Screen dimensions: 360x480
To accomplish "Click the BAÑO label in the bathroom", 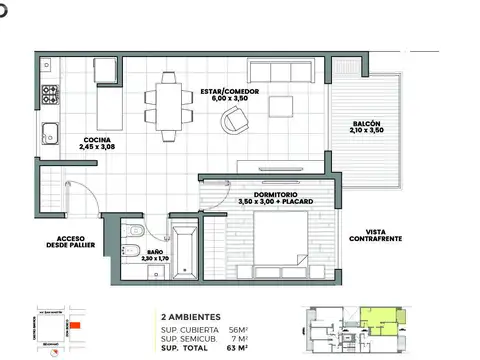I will coord(154,252).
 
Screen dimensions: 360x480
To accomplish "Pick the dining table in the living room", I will coord(165,101).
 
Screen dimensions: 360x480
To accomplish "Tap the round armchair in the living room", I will coord(235,121).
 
